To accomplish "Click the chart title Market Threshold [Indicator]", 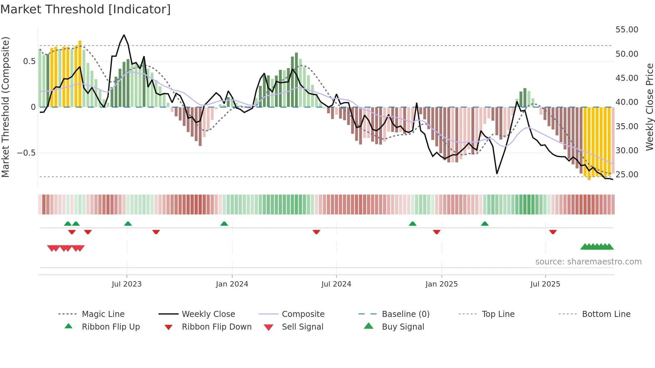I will point(86,9).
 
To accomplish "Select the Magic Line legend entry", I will point(103,314).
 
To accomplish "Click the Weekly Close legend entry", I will point(208,314).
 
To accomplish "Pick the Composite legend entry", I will point(303,314).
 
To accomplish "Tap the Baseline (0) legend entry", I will point(405,314).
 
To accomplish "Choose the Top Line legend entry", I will point(498,314).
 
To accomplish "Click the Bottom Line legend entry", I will point(606,314).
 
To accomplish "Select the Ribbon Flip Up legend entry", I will point(111,327).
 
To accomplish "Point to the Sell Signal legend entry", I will point(302,327).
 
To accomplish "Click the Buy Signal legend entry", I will point(403,327).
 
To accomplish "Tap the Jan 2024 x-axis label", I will point(232,284).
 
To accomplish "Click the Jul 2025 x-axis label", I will point(545,284).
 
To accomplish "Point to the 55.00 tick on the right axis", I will point(627,30).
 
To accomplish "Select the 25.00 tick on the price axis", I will point(627,175).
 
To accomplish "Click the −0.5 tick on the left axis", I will point(26,153).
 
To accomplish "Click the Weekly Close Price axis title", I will point(649,107).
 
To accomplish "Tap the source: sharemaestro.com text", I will point(588,262).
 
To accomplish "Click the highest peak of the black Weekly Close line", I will point(124,35).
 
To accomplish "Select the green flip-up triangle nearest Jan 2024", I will point(224,224).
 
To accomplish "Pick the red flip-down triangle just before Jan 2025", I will point(436,232).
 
